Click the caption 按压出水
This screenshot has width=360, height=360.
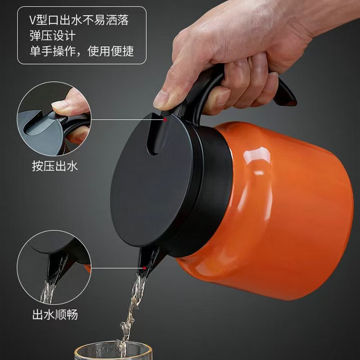click(x=55, y=166)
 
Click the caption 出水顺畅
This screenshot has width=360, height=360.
click(x=55, y=314)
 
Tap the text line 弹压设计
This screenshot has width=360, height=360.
click(x=53, y=36)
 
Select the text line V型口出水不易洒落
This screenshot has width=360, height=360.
click(x=79, y=20)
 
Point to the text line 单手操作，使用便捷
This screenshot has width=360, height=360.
click(x=82, y=51)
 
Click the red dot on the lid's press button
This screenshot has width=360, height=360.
click(x=165, y=120)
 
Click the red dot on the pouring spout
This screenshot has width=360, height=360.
click(x=144, y=268)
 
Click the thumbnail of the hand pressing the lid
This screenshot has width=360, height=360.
click(x=54, y=119)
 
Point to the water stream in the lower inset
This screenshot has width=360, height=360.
click(x=48, y=292)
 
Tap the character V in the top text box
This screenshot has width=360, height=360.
click(x=32, y=20)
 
